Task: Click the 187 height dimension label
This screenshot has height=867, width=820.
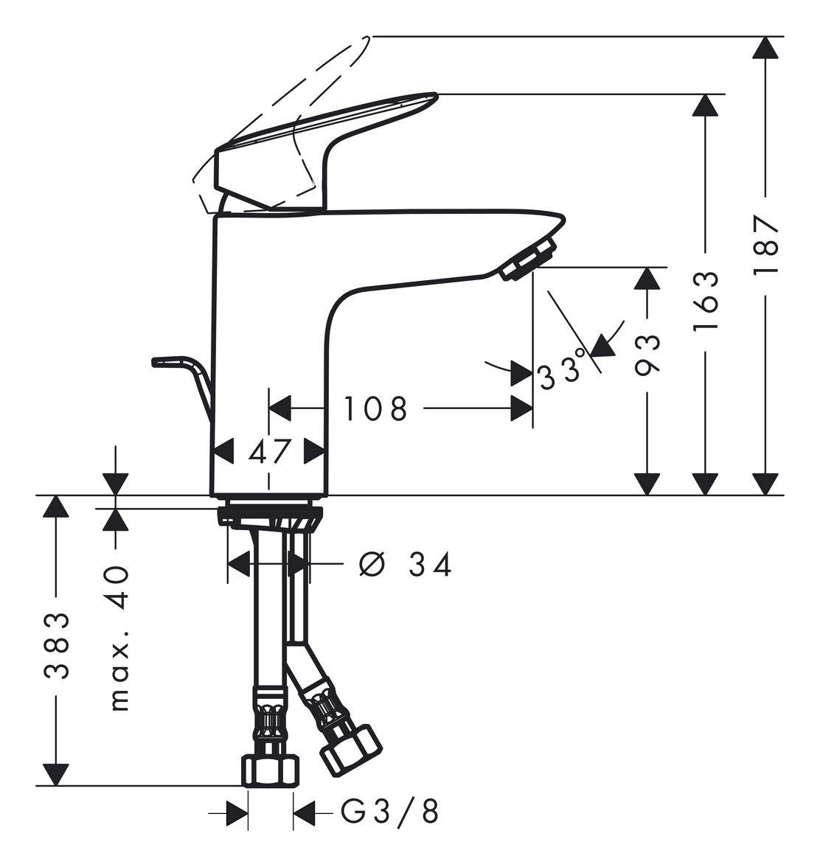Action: click(x=766, y=244)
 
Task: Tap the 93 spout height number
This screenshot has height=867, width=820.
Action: click(x=647, y=355)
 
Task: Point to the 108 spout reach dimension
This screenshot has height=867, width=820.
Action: click(x=375, y=408)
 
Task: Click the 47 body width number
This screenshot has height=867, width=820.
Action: click(x=269, y=452)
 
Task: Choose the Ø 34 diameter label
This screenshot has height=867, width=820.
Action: click(x=406, y=565)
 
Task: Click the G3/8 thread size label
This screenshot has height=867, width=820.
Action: click(x=390, y=811)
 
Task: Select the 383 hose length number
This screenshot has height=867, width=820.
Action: click(x=56, y=644)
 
